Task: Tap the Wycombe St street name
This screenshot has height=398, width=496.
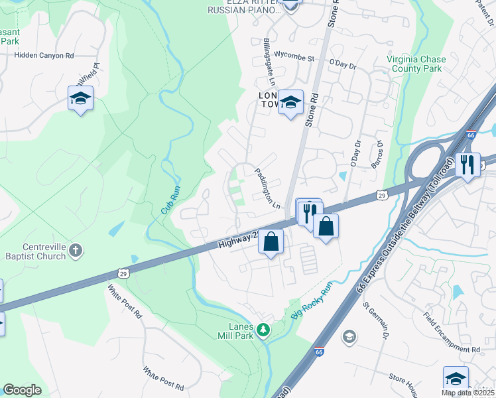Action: pyautogui.click(x=294, y=58)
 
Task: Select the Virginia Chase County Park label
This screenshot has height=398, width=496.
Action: pyautogui.click(x=414, y=64)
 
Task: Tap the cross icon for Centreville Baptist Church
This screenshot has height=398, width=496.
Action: pyautogui.click(x=76, y=250)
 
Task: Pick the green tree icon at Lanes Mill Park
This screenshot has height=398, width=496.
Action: pyautogui.click(x=264, y=329)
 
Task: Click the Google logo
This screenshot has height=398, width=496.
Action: pyautogui.click(x=23, y=390)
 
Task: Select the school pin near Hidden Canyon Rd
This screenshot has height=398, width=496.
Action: pyautogui.click(x=80, y=99)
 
